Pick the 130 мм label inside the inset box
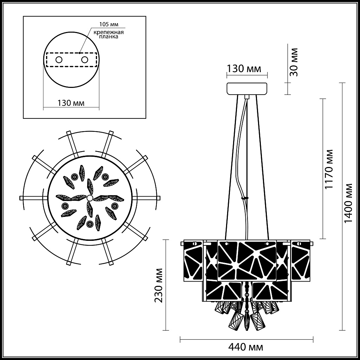click(x=71, y=103)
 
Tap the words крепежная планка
click(x=108, y=35)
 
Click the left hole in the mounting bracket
click(x=59, y=59)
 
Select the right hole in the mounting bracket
click(x=84, y=59)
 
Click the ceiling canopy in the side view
click(x=247, y=89)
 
